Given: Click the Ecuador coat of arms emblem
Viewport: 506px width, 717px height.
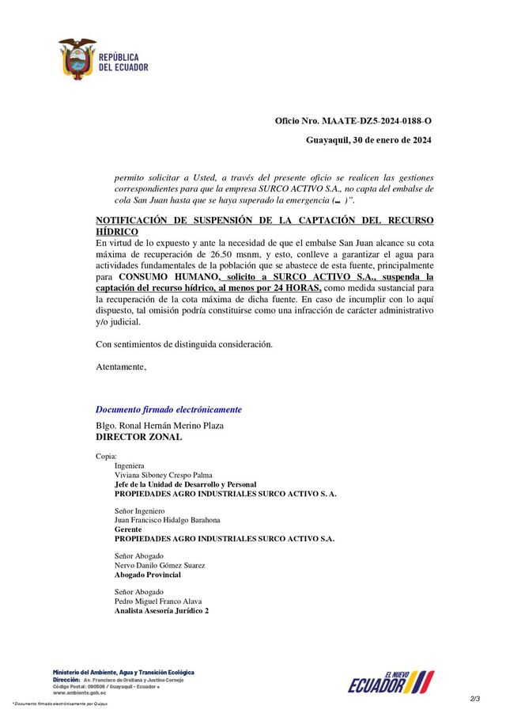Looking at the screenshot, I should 77,59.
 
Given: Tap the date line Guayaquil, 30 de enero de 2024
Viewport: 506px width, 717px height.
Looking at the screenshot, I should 368,141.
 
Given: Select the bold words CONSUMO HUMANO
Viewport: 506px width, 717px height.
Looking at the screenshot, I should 168,278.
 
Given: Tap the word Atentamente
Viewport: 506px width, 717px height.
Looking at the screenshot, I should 121,366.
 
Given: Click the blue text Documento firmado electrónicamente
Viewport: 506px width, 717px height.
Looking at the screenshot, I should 168,409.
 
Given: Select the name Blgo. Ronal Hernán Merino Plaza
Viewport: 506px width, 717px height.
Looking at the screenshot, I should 160,425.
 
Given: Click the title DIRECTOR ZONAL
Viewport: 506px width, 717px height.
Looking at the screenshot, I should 138,436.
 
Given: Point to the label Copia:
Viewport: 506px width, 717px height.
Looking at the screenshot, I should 106,457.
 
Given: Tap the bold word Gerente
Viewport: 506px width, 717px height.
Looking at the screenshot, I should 128,529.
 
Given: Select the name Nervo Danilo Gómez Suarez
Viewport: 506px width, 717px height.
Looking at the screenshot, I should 160,565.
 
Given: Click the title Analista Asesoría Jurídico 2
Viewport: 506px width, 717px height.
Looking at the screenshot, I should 162,611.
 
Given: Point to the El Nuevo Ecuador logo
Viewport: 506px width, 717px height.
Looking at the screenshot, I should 391,681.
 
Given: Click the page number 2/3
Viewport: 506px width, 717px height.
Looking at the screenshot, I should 474,698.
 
